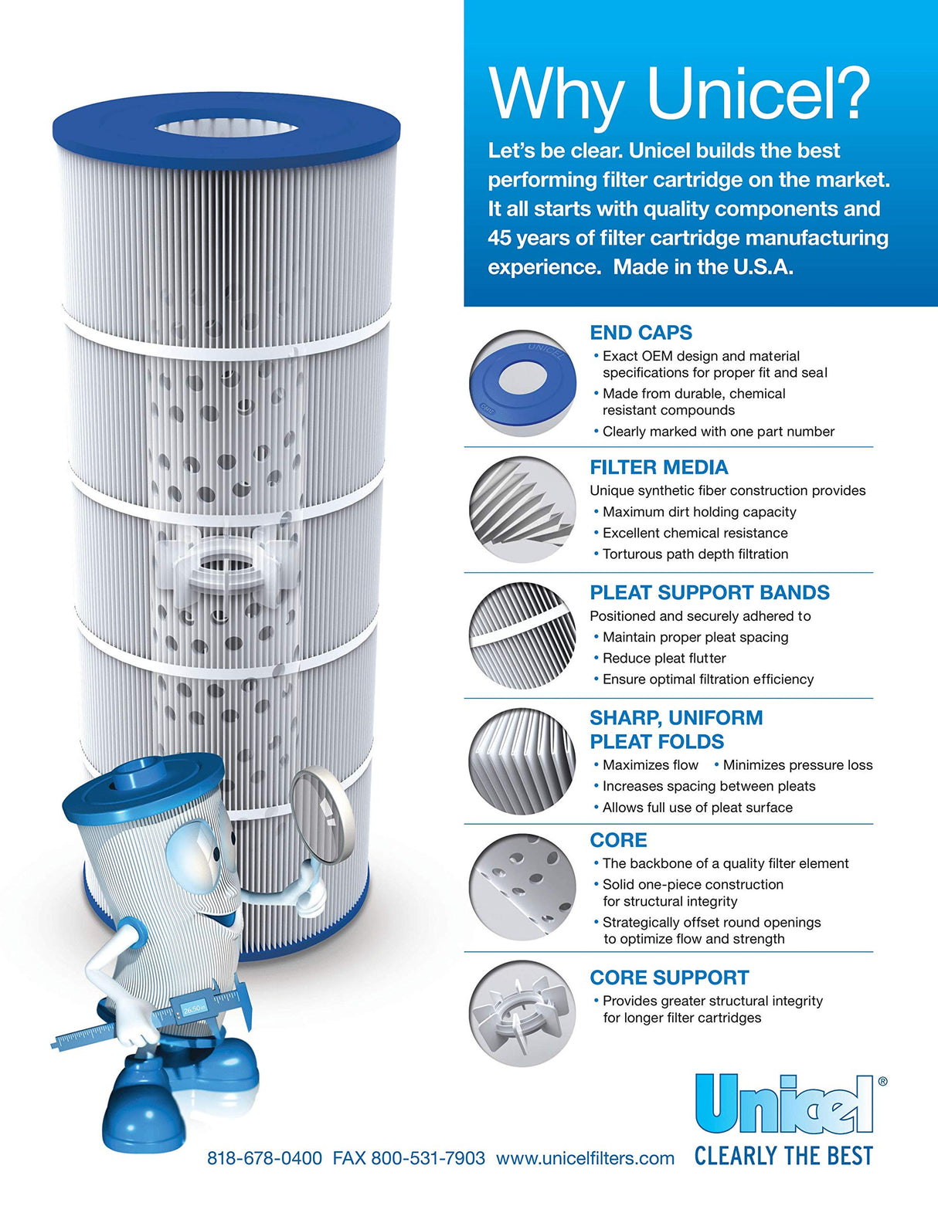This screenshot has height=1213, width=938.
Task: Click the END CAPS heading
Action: tap(641, 333)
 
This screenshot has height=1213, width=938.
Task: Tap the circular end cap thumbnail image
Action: tap(523, 383)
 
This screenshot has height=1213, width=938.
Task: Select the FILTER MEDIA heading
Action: tap(658, 467)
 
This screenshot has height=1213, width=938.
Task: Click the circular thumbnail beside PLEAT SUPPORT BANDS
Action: tap(523, 635)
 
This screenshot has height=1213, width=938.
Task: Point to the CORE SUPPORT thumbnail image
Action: tap(523, 1013)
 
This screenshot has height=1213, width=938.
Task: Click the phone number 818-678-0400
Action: tap(264, 1158)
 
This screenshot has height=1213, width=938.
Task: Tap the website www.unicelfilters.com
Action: tap(585, 1158)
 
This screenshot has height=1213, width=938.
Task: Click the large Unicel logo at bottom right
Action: tap(783, 1105)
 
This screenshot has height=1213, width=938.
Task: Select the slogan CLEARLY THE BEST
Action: tap(783, 1156)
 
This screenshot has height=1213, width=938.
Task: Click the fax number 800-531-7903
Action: tap(428, 1158)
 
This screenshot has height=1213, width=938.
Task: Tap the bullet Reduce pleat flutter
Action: tap(664, 658)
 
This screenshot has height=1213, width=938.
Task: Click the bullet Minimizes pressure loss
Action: tap(797, 765)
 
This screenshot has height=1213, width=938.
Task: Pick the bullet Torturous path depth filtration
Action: tap(695, 554)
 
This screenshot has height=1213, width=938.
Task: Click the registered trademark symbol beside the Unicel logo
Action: tap(882, 1082)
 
